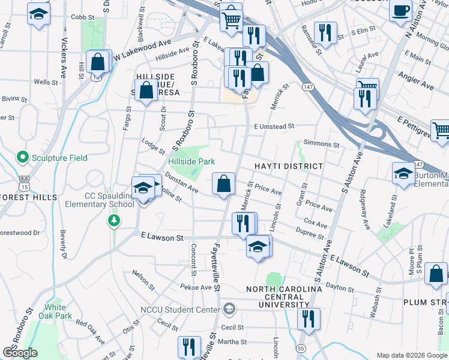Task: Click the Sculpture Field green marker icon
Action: (23, 158)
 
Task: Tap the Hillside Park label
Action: (191, 162)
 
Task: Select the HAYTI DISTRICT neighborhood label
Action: (288, 166)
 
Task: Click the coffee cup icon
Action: (400, 11)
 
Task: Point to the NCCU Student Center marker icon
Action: (228, 310)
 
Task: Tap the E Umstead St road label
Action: (274, 127)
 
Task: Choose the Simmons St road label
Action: (322, 144)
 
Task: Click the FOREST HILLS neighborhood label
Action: (28, 197)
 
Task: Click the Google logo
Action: (20, 353)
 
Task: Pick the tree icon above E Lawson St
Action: (113, 221)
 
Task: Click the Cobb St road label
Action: (79, 17)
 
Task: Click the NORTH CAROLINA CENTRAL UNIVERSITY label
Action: (285, 296)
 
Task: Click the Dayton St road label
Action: (340, 288)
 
